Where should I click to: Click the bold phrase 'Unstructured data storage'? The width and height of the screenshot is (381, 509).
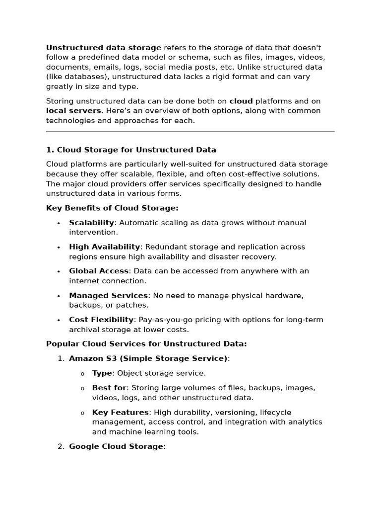pos(103,48)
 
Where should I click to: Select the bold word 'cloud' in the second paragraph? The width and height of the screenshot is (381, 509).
pos(241,101)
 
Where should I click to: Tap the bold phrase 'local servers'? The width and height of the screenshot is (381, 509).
pos(73,111)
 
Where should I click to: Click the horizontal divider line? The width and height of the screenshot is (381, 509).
pos(190,132)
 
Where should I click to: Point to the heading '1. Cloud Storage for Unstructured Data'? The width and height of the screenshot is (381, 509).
pos(131,150)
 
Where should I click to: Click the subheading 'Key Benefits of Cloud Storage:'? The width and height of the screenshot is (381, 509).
pos(112,208)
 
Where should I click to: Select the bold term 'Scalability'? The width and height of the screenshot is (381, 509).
pos(91,223)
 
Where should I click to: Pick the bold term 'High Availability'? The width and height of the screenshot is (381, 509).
pos(104,247)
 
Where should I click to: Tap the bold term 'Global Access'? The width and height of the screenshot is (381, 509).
pos(99,271)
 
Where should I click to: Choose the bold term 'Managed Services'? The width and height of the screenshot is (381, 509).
pos(108,295)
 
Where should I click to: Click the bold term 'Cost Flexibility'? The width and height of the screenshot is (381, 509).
pos(101,320)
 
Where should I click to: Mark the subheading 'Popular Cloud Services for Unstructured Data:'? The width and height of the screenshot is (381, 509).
pos(146,343)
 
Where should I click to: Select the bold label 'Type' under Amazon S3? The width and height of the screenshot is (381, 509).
pos(102,373)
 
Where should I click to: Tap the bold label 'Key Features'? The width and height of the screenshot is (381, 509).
pos(120,412)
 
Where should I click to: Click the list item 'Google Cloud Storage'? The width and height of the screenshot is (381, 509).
pos(116,446)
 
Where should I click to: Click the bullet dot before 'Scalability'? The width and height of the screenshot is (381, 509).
pos(59,223)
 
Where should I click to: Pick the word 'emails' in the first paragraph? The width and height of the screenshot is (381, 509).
pos(98,67)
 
